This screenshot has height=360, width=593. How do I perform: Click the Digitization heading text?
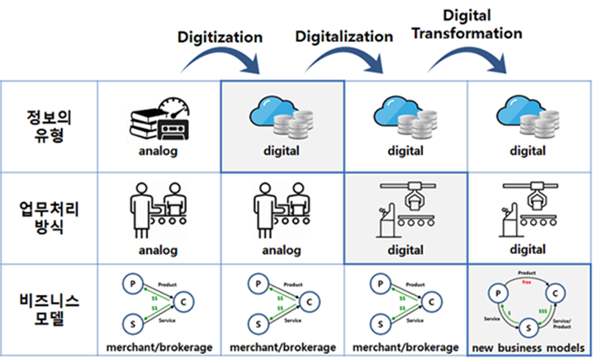(219, 37)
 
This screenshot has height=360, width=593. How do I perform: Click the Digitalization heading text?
(344, 36)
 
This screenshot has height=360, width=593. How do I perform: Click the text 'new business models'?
(528, 347)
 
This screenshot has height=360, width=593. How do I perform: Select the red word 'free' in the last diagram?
(527, 281)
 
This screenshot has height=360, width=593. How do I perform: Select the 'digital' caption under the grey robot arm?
(405, 249)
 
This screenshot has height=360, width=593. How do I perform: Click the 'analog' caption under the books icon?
(158, 151)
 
